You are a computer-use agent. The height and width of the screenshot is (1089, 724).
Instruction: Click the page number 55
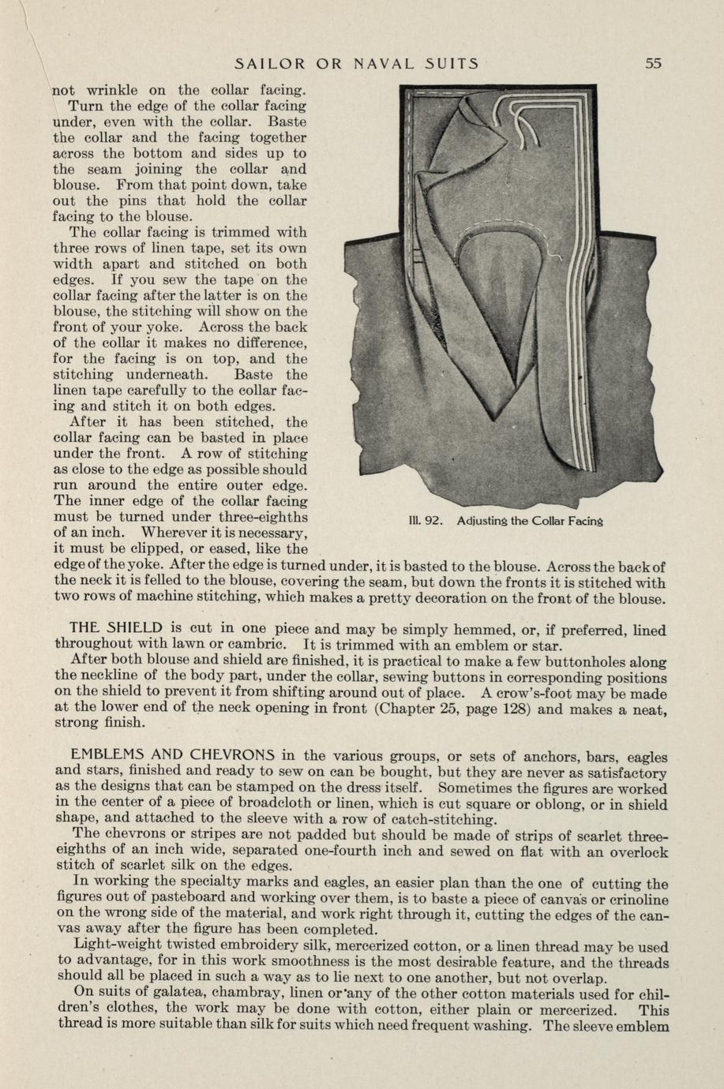[652, 63]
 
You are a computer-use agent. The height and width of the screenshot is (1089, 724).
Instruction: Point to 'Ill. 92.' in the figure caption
[426, 521]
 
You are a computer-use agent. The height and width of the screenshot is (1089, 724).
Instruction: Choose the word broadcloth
[275, 804]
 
